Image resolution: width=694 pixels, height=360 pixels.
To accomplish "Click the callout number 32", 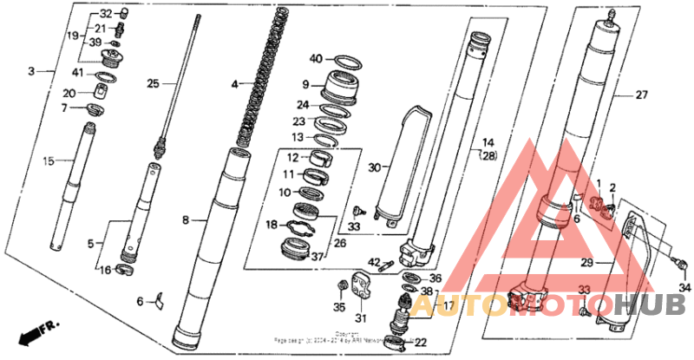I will click(x=106, y=14).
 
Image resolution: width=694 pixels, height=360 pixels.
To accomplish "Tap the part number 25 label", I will click(x=153, y=83).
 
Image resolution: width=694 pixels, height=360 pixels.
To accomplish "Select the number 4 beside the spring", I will click(x=234, y=84).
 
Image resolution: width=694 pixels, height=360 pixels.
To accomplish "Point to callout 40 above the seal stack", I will click(x=317, y=58).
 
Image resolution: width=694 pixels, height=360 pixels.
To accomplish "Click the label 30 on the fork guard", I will click(x=375, y=167).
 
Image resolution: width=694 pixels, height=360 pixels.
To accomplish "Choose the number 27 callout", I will click(x=641, y=95).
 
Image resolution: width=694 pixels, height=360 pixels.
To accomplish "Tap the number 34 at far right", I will click(x=684, y=287).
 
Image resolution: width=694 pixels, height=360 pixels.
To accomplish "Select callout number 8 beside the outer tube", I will click(x=185, y=221).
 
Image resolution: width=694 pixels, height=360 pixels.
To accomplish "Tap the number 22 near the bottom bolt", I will click(x=421, y=343).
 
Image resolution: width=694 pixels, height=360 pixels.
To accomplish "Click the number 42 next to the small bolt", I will click(x=374, y=261).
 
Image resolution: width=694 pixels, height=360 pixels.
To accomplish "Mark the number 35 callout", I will click(x=339, y=306).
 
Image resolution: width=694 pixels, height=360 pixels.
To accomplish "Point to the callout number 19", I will click(x=74, y=35).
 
